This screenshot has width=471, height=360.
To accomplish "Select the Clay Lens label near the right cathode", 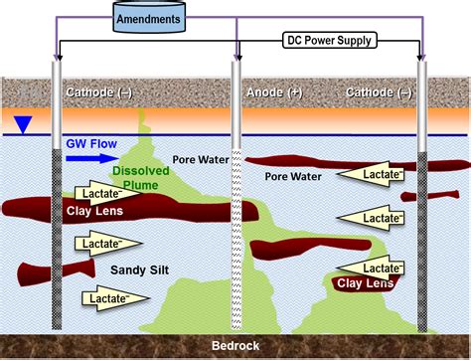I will pos(363,283).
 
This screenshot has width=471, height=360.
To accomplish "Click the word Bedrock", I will pos(236,345).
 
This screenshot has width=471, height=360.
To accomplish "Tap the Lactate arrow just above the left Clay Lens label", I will pos(103,192).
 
